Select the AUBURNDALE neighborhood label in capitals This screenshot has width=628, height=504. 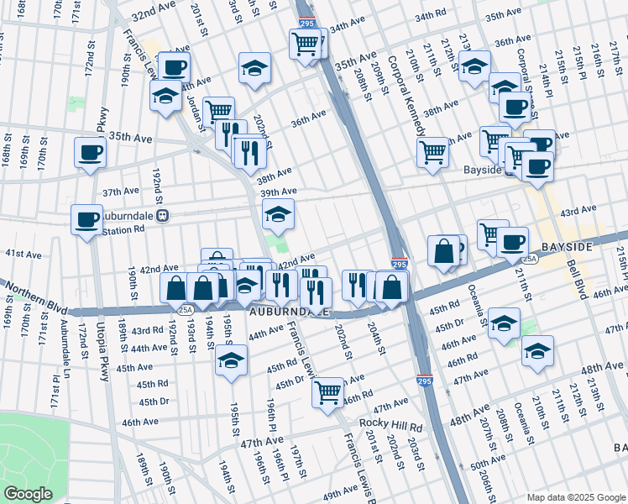click(288, 312)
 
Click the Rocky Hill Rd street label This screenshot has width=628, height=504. click(390, 425)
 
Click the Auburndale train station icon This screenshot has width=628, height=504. click(164, 215)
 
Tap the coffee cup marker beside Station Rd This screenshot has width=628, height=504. click(86, 219)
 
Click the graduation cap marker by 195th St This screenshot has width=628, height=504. click(231, 360)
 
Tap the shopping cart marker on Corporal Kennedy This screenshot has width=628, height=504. click(432, 153)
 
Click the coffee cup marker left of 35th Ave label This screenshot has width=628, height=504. click(90, 153)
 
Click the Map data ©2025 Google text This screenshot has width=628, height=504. click(576, 497)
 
